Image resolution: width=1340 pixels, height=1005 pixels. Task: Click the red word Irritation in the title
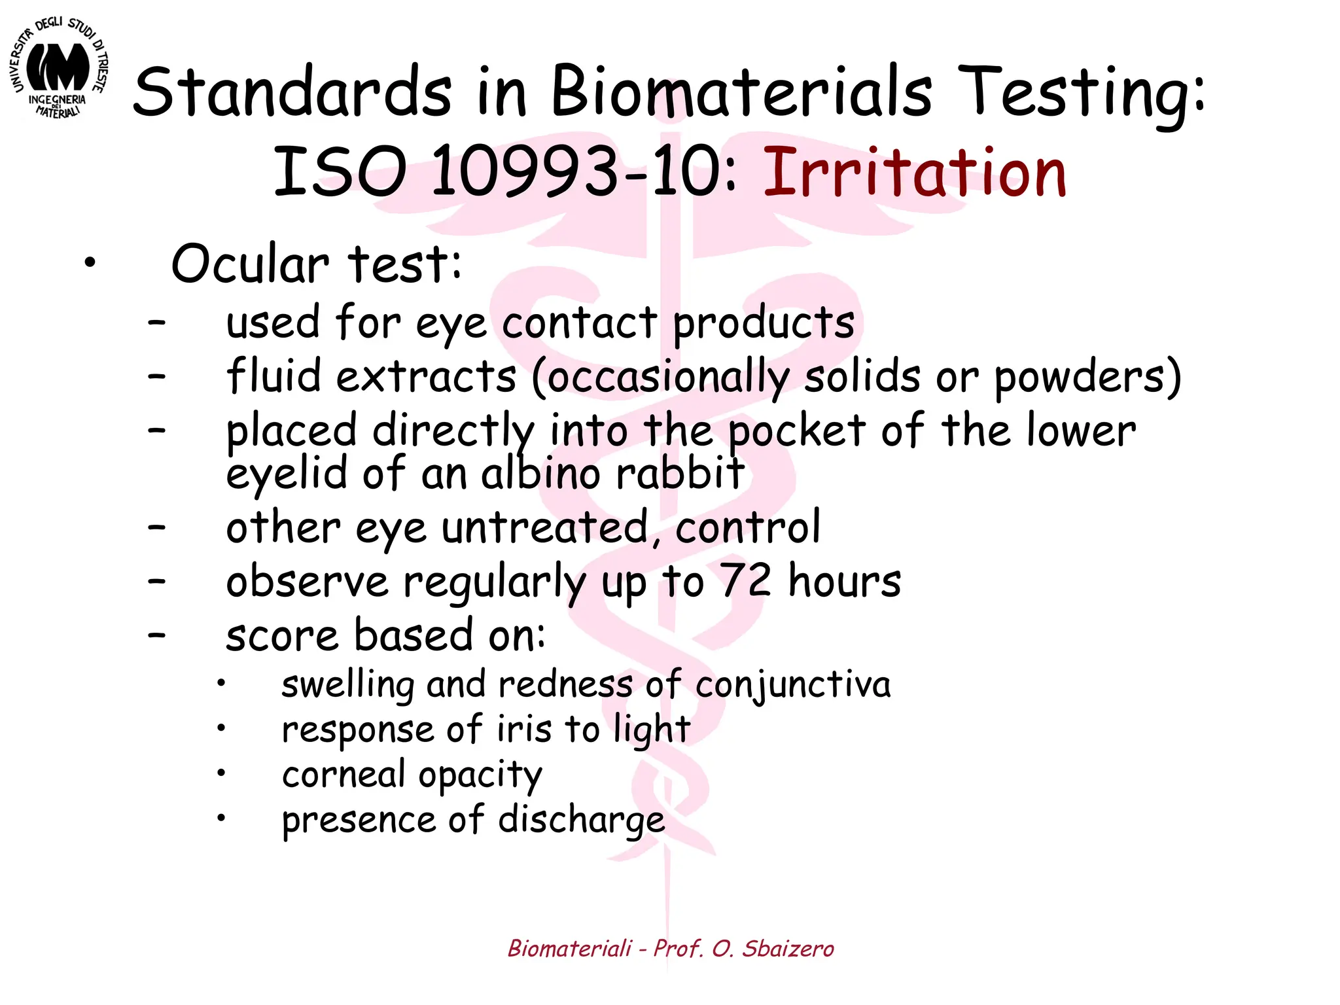[914, 173]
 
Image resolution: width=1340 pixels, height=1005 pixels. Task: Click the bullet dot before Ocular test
[90, 264]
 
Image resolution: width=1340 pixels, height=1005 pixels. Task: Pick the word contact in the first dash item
[579, 323]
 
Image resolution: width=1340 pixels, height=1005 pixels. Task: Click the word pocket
[797, 432]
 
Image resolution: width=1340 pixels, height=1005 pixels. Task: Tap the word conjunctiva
[792, 686]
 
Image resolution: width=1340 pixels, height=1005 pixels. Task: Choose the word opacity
[480, 776]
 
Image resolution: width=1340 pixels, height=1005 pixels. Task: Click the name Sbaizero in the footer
[788, 948]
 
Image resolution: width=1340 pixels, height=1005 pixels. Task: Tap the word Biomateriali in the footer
[570, 948]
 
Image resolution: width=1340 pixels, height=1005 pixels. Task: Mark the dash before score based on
[156, 635]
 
